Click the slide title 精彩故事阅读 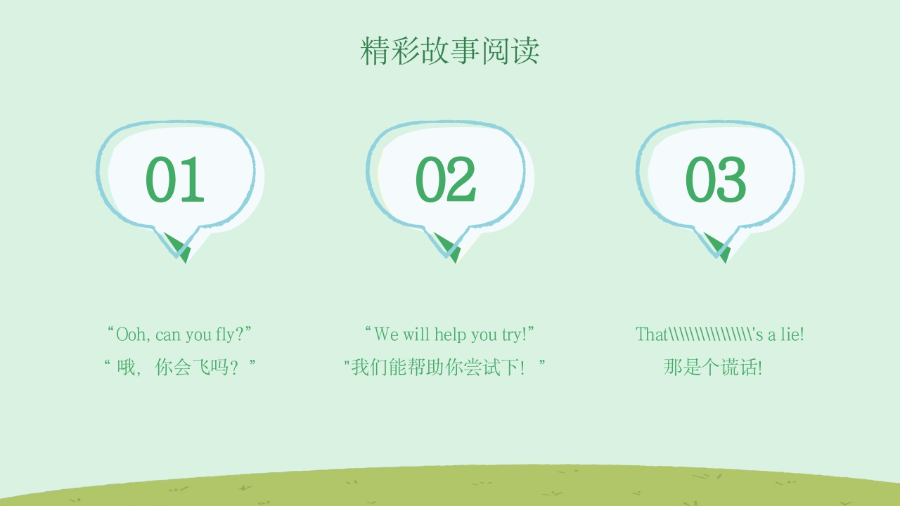click(x=450, y=51)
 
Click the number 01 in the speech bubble click(x=175, y=180)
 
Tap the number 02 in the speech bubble click(x=445, y=180)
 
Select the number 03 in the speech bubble click(x=715, y=180)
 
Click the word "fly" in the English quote click(x=225, y=334)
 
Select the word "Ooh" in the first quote click(x=132, y=334)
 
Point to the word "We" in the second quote click(x=386, y=334)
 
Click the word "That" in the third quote click(x=652, y=334)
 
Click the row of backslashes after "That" click(x=710, y=334)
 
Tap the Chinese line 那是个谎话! click(x=713, y=367)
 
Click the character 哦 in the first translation click(x=126, y=367)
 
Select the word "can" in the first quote click(x=169, y=335)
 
